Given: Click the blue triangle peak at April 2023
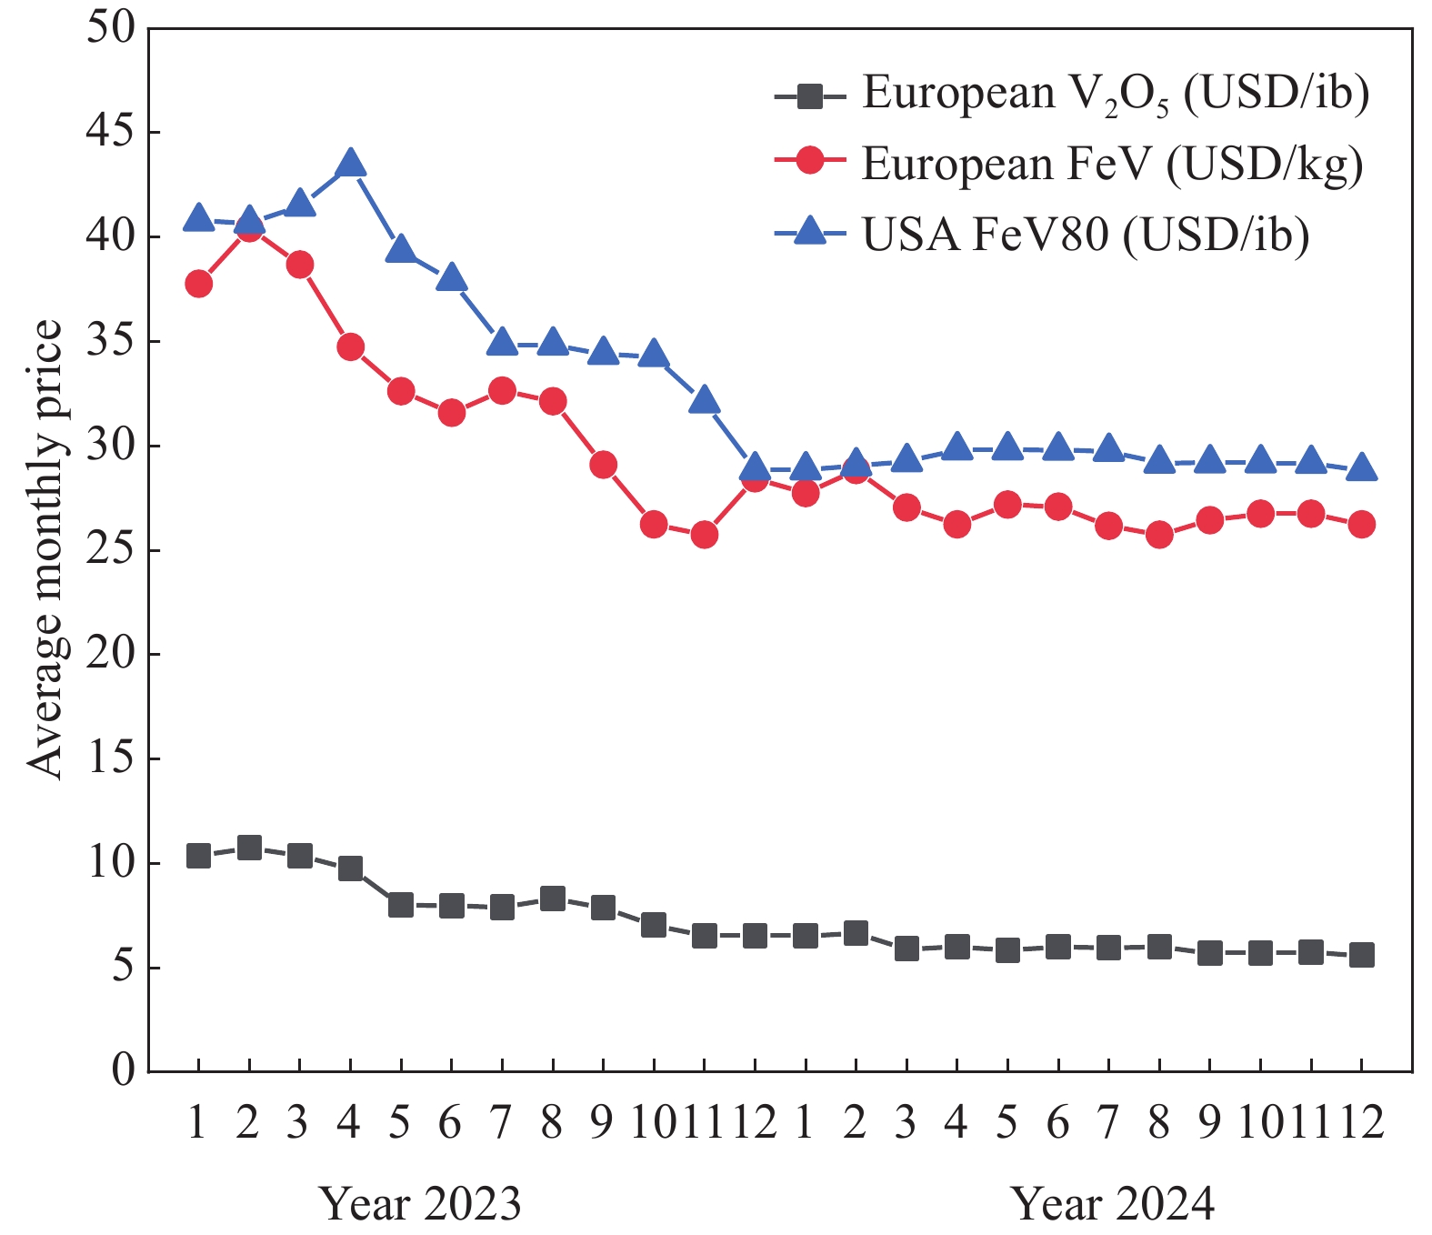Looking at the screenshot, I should [x=350, y=165].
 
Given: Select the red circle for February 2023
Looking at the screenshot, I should [x=249, y=228].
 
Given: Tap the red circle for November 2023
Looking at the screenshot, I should [x=705, y=535].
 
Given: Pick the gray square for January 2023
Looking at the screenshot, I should [x=198, y=856].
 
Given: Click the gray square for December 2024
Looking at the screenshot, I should [x=1361, y=955].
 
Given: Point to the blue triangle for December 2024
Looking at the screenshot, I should [x=1361, y=468].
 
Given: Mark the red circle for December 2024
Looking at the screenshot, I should [x=1361, y=524].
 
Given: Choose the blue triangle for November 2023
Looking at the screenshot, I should [x=705, y=401].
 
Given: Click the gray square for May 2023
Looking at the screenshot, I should [x=401, y=905].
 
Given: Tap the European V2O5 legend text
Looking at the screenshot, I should [x=1115, y=93].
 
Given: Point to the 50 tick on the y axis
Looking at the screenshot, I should [x=110, y=28].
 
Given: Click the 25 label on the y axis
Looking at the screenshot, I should [x=110, y=550].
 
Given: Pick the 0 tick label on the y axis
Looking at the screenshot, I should [x=123, y=1071].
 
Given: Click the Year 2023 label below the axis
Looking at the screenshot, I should [x=421, y=1204].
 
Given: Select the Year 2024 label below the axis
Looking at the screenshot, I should [x=1114, y=1204].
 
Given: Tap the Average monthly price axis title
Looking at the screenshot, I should [x=45, y=549].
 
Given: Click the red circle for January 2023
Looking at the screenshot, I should [x=198, y=284].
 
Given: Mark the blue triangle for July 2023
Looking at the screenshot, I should [x=502, y=343].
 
